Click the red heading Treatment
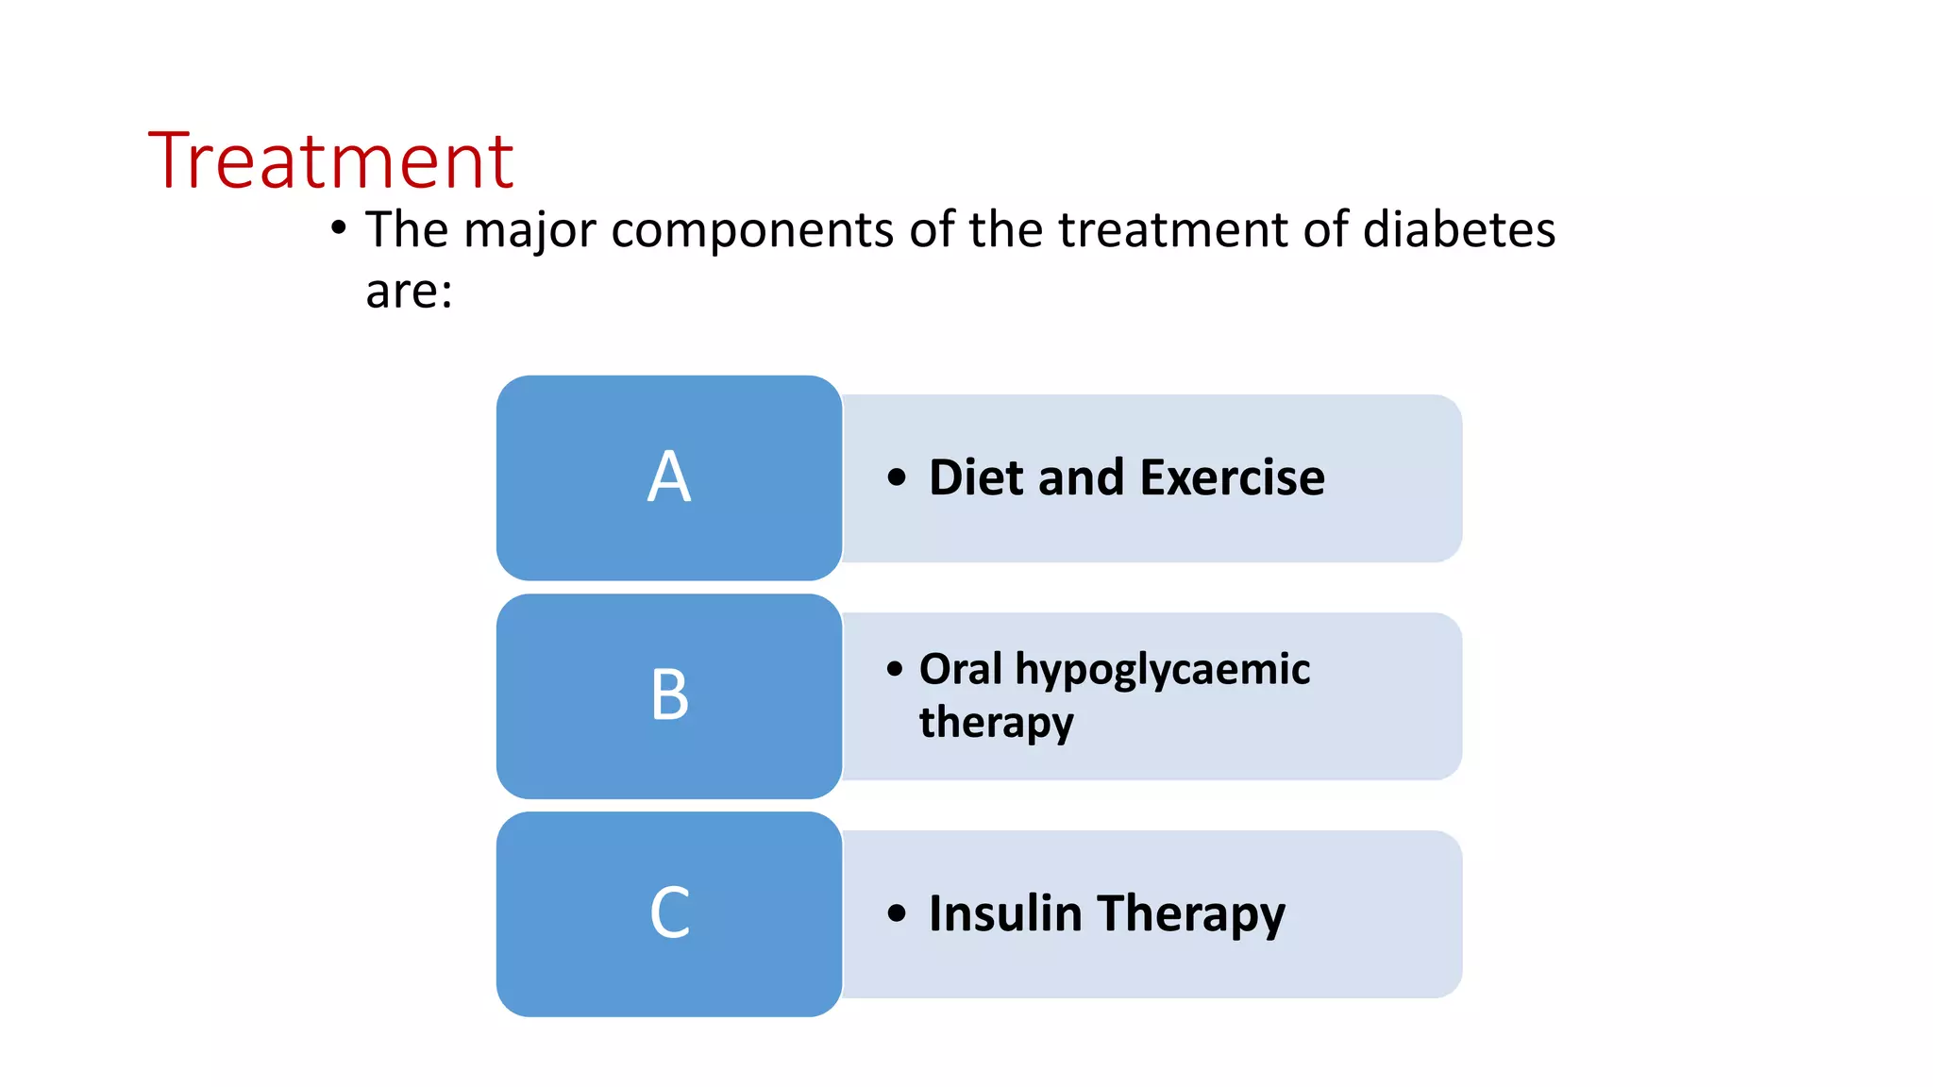[330, 160]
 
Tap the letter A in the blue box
[669, 477]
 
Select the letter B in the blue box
[669, 694]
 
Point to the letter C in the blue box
[670, 913]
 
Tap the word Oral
[960, 669]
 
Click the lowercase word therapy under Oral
[996, 724]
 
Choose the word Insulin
[1005, 913]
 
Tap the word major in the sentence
[529, 231]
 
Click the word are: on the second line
[409, 291]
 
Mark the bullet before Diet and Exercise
[897, 477]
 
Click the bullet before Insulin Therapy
[897, 913]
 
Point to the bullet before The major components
[339, 228]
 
